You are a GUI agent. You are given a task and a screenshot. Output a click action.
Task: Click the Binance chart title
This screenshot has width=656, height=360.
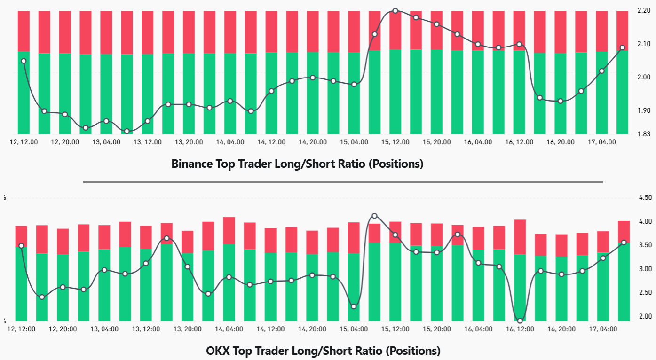tap(297, 164)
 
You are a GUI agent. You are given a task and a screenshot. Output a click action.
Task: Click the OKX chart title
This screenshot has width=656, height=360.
tap(323, 351)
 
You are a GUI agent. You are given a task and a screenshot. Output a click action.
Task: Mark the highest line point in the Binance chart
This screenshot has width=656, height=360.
tap(395, 11)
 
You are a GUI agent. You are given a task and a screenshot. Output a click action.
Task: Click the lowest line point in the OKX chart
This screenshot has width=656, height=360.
tap(520, 321)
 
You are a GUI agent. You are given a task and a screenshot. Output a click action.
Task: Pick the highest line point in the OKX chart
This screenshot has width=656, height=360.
tap(374, 216)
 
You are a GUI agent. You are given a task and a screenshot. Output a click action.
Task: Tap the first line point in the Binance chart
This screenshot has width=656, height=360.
tap(24, 61)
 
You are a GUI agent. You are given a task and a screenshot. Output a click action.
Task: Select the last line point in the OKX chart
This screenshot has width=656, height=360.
tap(624, 243)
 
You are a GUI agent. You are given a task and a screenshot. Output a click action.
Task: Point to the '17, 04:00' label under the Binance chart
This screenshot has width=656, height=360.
tap(602, 141)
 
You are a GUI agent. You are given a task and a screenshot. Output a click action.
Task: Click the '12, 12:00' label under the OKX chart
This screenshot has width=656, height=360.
tap(22, 329)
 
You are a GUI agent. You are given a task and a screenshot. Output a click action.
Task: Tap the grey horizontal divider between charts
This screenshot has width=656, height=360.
tap(342, 182)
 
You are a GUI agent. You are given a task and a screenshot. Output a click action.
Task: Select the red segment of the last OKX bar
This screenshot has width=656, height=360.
tap(624, 231)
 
